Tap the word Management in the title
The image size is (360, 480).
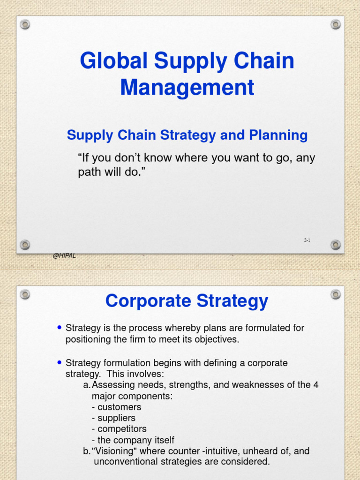coord(187,87)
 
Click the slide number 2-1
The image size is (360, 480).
coord(307,240)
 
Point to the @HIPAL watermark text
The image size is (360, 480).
coord(65,255)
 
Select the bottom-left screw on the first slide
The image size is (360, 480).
coord(25,244)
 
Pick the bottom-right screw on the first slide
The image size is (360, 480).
coord(335,244)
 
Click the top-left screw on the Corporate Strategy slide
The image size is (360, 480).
coord(25,294)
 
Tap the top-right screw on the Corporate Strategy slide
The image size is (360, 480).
coord(335,294)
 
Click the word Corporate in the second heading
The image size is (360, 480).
coord(148,300)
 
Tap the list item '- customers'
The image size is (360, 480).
coord(117,407)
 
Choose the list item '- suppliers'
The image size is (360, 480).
coord(114,418)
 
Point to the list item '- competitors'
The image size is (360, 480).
coord(120,429)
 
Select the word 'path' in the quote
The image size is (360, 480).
coord(88,172)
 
